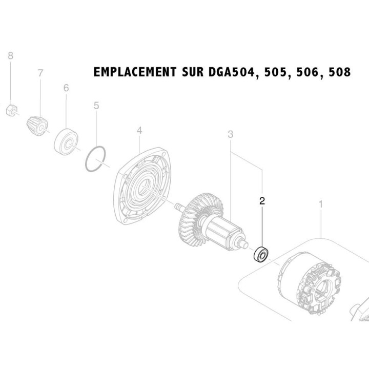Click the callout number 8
point(10,55)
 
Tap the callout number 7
point(40,73)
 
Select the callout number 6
point(66,88)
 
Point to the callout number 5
point(96,106)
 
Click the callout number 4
point(139,131)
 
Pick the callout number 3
point(231,135)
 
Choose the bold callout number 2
point(262,201)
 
